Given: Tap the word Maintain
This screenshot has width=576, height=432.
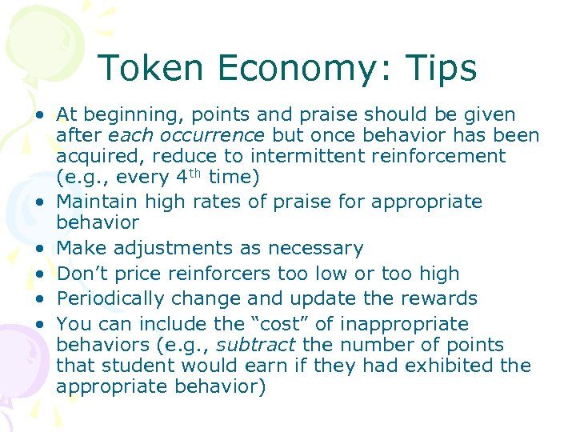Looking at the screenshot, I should (96, 201).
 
